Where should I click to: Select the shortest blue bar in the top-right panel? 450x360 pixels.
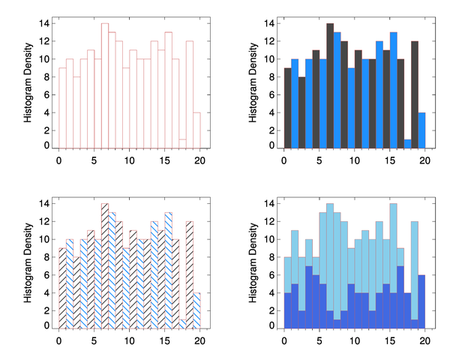[x=408, y=143]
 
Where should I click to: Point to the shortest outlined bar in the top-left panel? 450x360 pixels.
[x=183, y=143]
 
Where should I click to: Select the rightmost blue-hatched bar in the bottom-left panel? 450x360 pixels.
[x=197, y=310]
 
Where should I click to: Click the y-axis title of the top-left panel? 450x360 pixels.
[x=28, y=83]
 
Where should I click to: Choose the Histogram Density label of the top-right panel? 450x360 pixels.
[x=253, y=83]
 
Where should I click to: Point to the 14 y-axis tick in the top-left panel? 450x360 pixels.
[x=45, y=23]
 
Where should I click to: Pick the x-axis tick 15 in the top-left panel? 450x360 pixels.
[x=165, y=160]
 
